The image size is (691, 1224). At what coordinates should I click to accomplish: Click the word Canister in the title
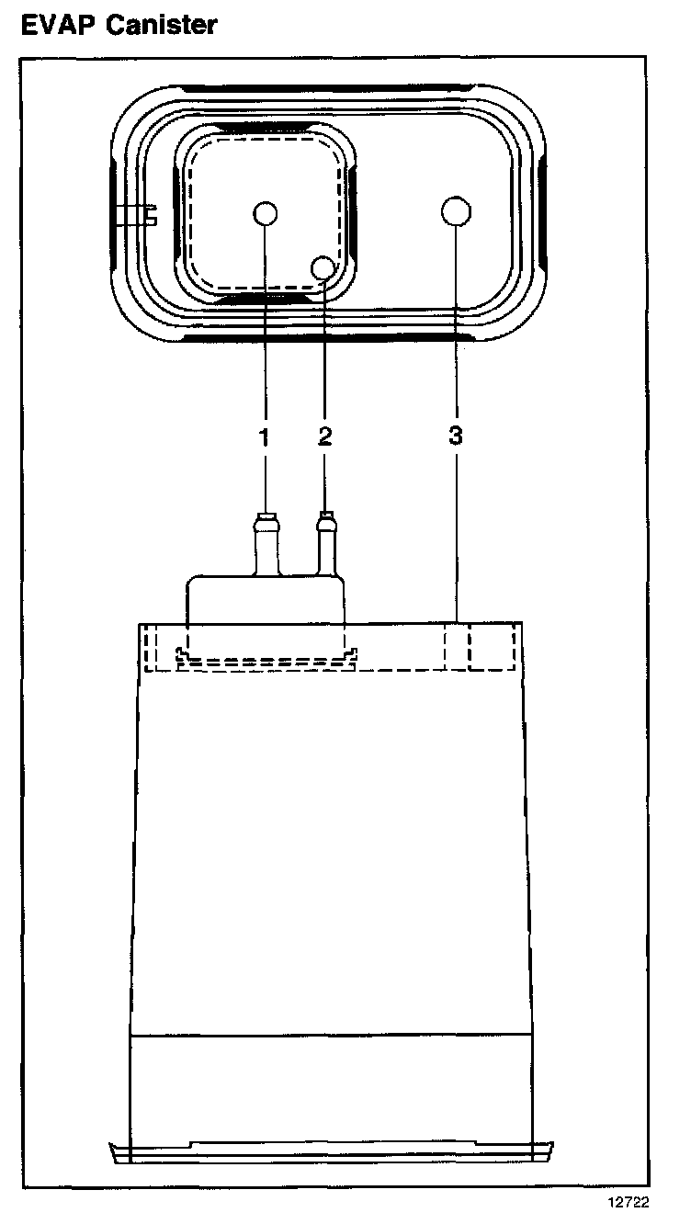click(x=162, y=25)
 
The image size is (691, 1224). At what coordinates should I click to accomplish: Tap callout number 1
click(x=265, y=436)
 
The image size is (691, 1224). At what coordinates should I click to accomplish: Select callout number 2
click(x=324, y=436)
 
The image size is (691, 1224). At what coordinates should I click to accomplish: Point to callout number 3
click(x=456, y=436)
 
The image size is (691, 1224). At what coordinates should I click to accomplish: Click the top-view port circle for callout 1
click(x=265, y=213)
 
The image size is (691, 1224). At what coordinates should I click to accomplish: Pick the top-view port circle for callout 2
click(x=324, y=267)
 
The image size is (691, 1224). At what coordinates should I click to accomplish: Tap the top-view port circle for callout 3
click(x=456, y=211)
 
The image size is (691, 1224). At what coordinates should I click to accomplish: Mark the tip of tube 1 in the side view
click(x=265, y=515)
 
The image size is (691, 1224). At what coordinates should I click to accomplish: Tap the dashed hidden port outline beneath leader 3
click(x=478, y=647)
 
